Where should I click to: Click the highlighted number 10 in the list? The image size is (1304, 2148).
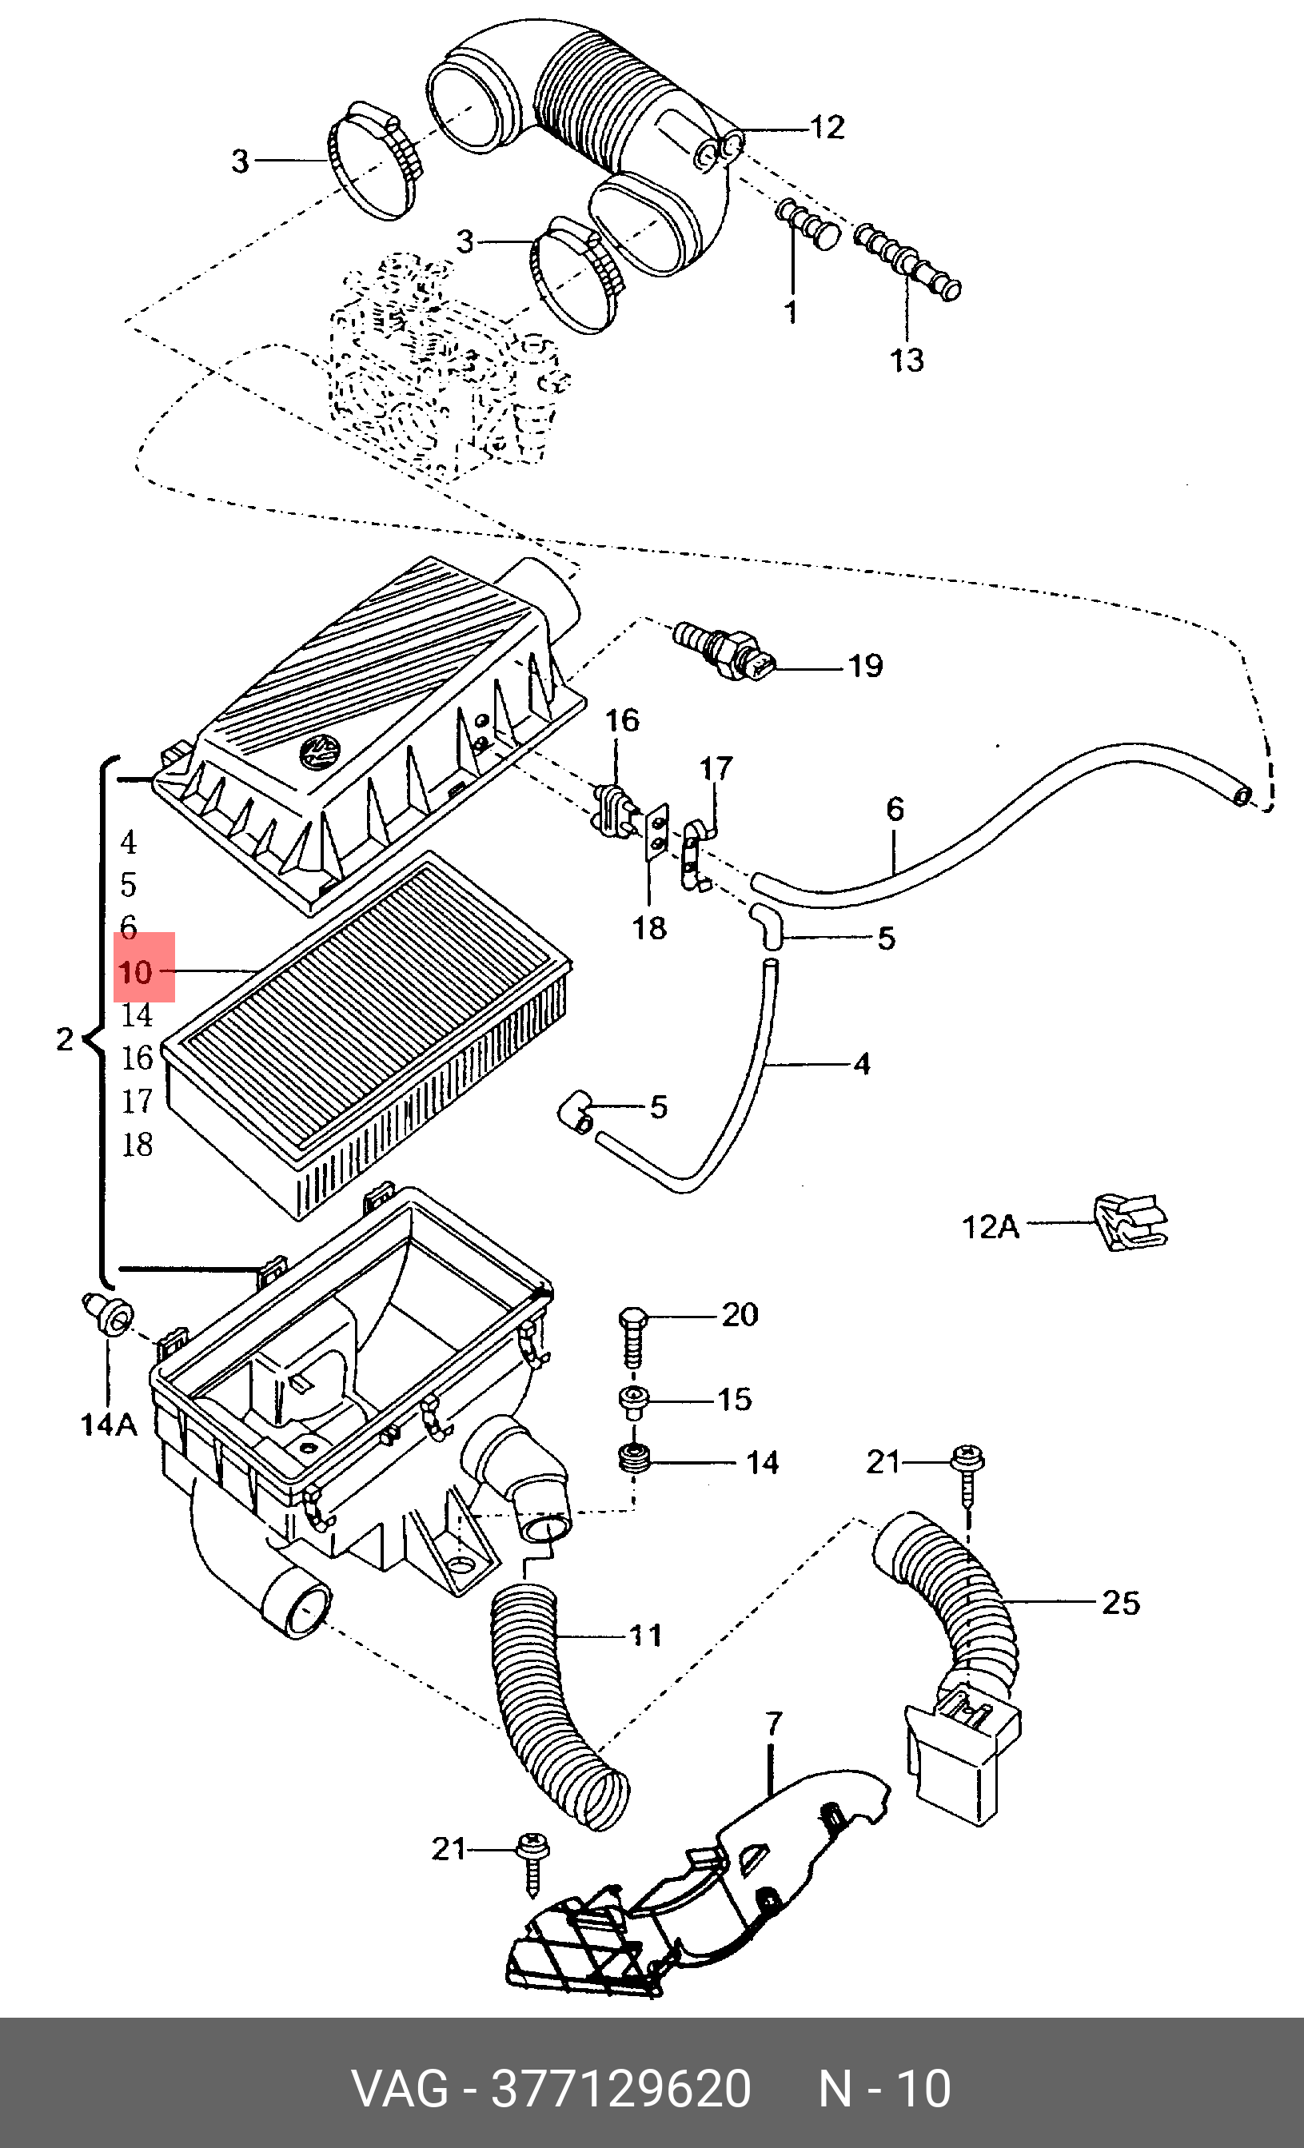136,971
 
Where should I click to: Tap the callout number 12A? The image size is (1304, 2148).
991,1226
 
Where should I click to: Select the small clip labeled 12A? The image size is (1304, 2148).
1131,1222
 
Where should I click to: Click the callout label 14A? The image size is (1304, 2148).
109,1425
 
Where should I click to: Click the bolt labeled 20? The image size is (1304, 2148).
634,1337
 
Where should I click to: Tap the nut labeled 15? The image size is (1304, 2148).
634,1399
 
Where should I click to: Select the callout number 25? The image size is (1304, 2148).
1121,1602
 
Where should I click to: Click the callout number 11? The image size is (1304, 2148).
645,1636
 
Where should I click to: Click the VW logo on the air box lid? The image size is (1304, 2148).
320,751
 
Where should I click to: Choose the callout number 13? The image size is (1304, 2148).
907,359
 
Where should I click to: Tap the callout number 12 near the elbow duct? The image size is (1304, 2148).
827,127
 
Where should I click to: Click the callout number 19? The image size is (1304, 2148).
866,666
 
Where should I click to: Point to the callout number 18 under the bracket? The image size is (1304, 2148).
649,928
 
